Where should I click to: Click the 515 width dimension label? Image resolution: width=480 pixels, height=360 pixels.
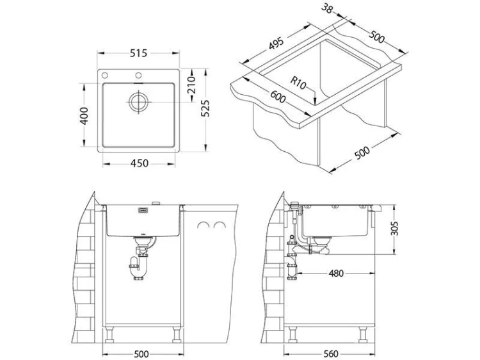coord(138,53)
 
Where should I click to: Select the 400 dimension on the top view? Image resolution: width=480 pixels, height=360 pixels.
coord(84,115)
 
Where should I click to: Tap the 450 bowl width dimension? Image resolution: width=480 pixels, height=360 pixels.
coord(140,163)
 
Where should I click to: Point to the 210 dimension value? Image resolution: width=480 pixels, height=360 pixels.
coord(191,85)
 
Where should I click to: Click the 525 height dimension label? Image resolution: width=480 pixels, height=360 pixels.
coord(205,108)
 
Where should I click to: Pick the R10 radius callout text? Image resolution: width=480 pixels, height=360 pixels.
coord(298,83)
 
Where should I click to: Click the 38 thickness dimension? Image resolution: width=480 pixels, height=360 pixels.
coord(326,9)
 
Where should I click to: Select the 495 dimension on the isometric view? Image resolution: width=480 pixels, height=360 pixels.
coord(276,44)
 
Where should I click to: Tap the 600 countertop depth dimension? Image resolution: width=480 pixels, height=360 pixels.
coord(278,97)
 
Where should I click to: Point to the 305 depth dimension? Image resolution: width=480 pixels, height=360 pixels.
coord(395,229)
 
